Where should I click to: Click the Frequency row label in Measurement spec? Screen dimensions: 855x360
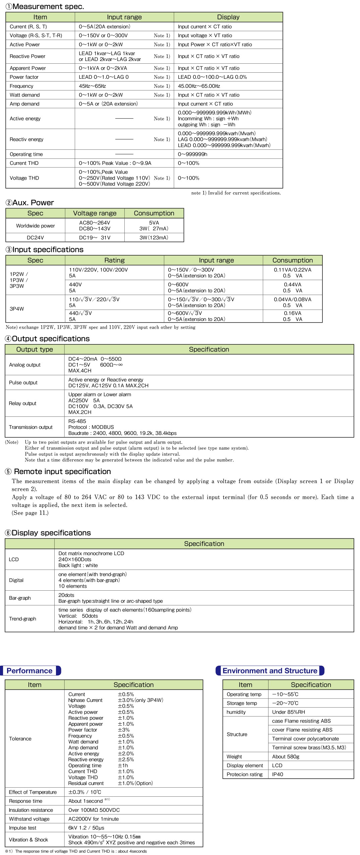pos(21,86)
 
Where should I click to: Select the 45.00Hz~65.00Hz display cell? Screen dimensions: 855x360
pos(199,86)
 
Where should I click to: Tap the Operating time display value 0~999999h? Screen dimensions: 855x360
pos(192,154)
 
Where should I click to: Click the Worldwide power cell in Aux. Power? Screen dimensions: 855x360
pos(35,226)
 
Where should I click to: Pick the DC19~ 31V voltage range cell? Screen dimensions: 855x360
pos(95,238)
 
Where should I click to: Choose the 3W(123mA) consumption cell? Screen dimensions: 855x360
pos(154,238)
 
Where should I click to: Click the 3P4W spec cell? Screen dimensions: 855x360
pos(17,309)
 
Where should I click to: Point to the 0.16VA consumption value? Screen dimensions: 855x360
pos(292,313)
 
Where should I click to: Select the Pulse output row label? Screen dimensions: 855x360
pos(23,383)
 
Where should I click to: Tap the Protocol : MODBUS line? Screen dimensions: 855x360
pos(91,427)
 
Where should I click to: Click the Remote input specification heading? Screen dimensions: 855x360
pos(62,471)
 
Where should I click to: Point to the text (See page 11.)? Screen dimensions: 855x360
pos(30,513)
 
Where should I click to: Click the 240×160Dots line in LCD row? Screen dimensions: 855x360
pos(75,560)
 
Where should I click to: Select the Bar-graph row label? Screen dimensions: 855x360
pos(20,598)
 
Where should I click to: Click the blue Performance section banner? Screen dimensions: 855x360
pos(30,671)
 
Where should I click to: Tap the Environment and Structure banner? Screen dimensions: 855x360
pos(270,671)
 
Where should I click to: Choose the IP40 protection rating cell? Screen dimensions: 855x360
pos(278,774)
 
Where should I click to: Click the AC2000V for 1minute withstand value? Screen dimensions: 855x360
pos(94,819)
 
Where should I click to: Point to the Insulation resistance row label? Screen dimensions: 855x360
pos(31,810)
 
